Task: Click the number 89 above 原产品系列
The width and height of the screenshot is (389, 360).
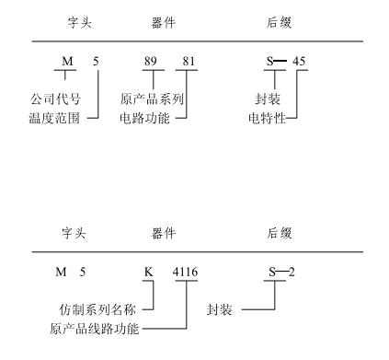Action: tap(150, 61)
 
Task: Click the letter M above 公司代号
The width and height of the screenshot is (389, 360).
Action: tap(67, 61)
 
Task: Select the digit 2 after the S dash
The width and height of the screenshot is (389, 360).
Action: tap(294, 272)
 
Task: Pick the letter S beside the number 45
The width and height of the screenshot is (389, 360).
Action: tap(270, 61)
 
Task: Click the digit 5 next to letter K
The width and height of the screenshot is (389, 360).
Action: tap(95, 272)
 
